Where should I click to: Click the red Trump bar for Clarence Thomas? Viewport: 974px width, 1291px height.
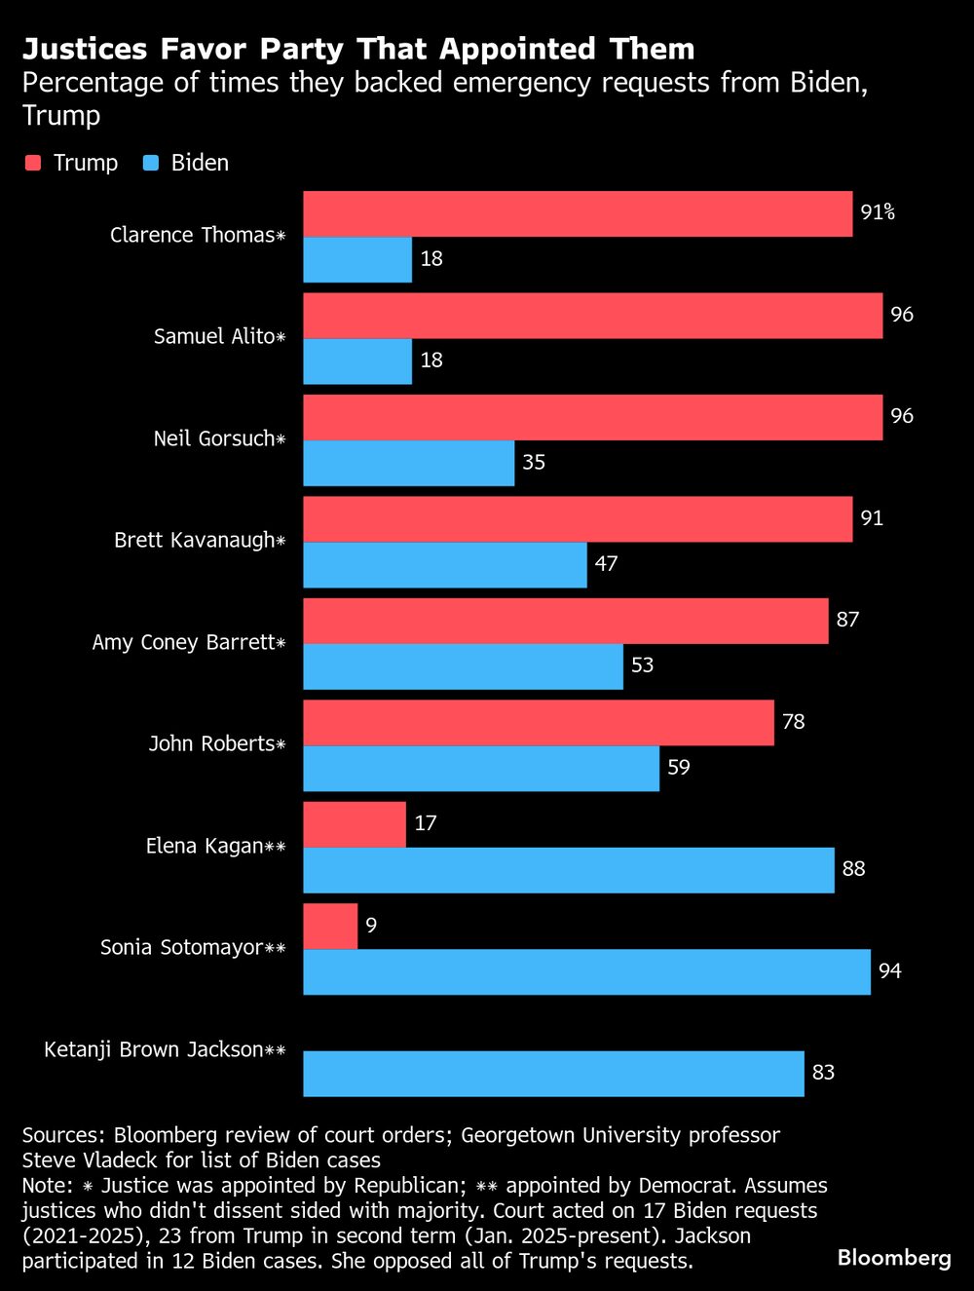click(578, 213)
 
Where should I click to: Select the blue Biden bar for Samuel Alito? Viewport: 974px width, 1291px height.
click(357, 361)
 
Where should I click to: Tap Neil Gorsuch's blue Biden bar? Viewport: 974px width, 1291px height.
click(408, 463)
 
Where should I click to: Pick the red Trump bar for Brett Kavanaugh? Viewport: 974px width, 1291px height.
click(578, 518)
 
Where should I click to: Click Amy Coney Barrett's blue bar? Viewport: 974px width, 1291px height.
click(463, 666)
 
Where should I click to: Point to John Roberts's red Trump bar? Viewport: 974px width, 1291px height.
click(539, 722)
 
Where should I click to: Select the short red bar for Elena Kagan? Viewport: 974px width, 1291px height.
click(355, 824)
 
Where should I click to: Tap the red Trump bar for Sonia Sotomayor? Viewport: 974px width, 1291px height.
click(330, 926)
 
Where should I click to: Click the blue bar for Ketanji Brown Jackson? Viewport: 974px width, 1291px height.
click(553, 1073)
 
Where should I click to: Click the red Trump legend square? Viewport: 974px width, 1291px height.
click(33, 163)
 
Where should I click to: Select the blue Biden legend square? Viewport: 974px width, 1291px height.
click(151, 163)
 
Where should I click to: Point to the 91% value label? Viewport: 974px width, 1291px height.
click(877, 212)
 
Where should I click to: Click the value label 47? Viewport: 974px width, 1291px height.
click(606, 564)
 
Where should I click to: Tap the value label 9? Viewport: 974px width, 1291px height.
click(371, 926)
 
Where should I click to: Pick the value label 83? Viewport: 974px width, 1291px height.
click(823, 1073)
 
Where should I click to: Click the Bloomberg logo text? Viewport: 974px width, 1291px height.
click(894, 1258)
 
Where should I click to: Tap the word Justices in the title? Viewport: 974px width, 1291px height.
click(85, 49)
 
